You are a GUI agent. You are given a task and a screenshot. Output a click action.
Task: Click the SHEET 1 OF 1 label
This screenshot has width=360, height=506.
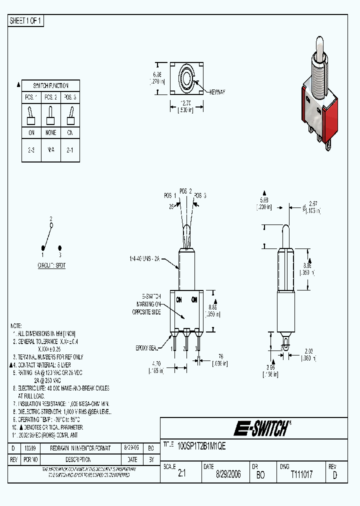(x=26, y=21)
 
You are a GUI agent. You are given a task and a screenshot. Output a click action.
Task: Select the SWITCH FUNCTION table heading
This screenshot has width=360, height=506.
(x=50, y=85)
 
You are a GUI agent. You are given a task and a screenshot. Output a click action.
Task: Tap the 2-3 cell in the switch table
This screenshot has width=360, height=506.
(x=30, y=149)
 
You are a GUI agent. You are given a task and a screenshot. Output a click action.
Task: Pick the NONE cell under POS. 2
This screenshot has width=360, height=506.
(x=50, y=133)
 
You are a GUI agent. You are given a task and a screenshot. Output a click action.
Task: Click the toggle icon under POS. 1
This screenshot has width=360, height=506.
(x=30, y=115)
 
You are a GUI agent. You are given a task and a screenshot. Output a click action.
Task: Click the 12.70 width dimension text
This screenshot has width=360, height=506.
(x=185, y=104)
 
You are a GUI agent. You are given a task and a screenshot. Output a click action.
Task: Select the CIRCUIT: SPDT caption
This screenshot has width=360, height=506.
(x=52, y=265)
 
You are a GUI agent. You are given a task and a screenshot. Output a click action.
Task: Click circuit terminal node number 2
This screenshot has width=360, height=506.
(x=51, y=225)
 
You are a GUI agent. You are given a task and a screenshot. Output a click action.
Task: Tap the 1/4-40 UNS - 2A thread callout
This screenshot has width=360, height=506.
(x=145, y=259)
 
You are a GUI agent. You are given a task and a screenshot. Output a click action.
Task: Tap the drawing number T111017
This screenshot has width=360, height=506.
(x=301, y=474)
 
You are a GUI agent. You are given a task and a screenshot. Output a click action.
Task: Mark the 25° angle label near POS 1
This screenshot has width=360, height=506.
(x=171, y=206)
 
